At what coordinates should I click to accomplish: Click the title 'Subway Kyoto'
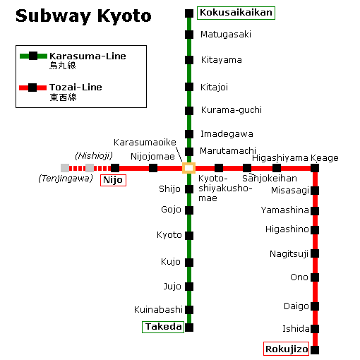(x=83, y=16)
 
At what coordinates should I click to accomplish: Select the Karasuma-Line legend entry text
(x=88, y=56)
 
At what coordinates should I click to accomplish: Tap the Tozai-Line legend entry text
(x=76, y=88)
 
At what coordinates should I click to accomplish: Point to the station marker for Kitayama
(x=188, y=60)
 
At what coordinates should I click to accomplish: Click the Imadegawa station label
(x=227, y=134)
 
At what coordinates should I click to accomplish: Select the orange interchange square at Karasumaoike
(x=188, y=168)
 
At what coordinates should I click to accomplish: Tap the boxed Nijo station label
(x=113, y=180)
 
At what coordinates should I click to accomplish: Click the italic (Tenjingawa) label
(x=65, y=179)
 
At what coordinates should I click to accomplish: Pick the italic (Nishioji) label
(x=93, y=155)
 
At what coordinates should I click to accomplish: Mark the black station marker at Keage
(x=315, y=168)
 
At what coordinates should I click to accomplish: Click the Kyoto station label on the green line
(x=169, y=235)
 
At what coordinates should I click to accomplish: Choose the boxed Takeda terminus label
(x=163, y=327)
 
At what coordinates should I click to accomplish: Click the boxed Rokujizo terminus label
(x=287, y=349)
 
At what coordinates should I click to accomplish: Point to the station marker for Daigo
(x=315, y=306)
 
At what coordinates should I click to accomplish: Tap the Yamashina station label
(x=285, y=210)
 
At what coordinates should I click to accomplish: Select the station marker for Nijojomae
(x=153, y=168)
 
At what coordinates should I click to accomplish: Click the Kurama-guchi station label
(x=231, y=110)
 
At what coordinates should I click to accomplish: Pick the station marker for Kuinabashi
(x=188, y=309)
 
